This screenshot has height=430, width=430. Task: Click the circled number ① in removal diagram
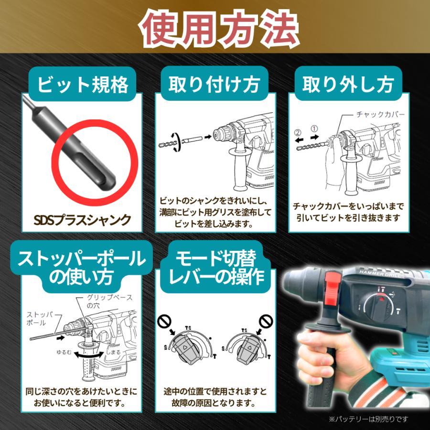314,128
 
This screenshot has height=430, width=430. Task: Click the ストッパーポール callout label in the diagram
40,319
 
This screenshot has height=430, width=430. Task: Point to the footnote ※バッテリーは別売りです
368,419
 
